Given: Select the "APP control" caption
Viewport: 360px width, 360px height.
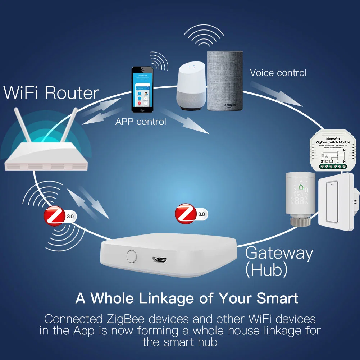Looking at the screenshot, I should [141, 122].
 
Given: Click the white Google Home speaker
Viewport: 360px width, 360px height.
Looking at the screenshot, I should [192, 83].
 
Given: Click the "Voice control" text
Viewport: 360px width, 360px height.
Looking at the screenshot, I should [278, 73].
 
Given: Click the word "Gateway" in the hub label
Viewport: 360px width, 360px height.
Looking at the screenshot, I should [279, 254].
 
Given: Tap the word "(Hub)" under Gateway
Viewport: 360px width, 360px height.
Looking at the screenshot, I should [266, 270].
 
